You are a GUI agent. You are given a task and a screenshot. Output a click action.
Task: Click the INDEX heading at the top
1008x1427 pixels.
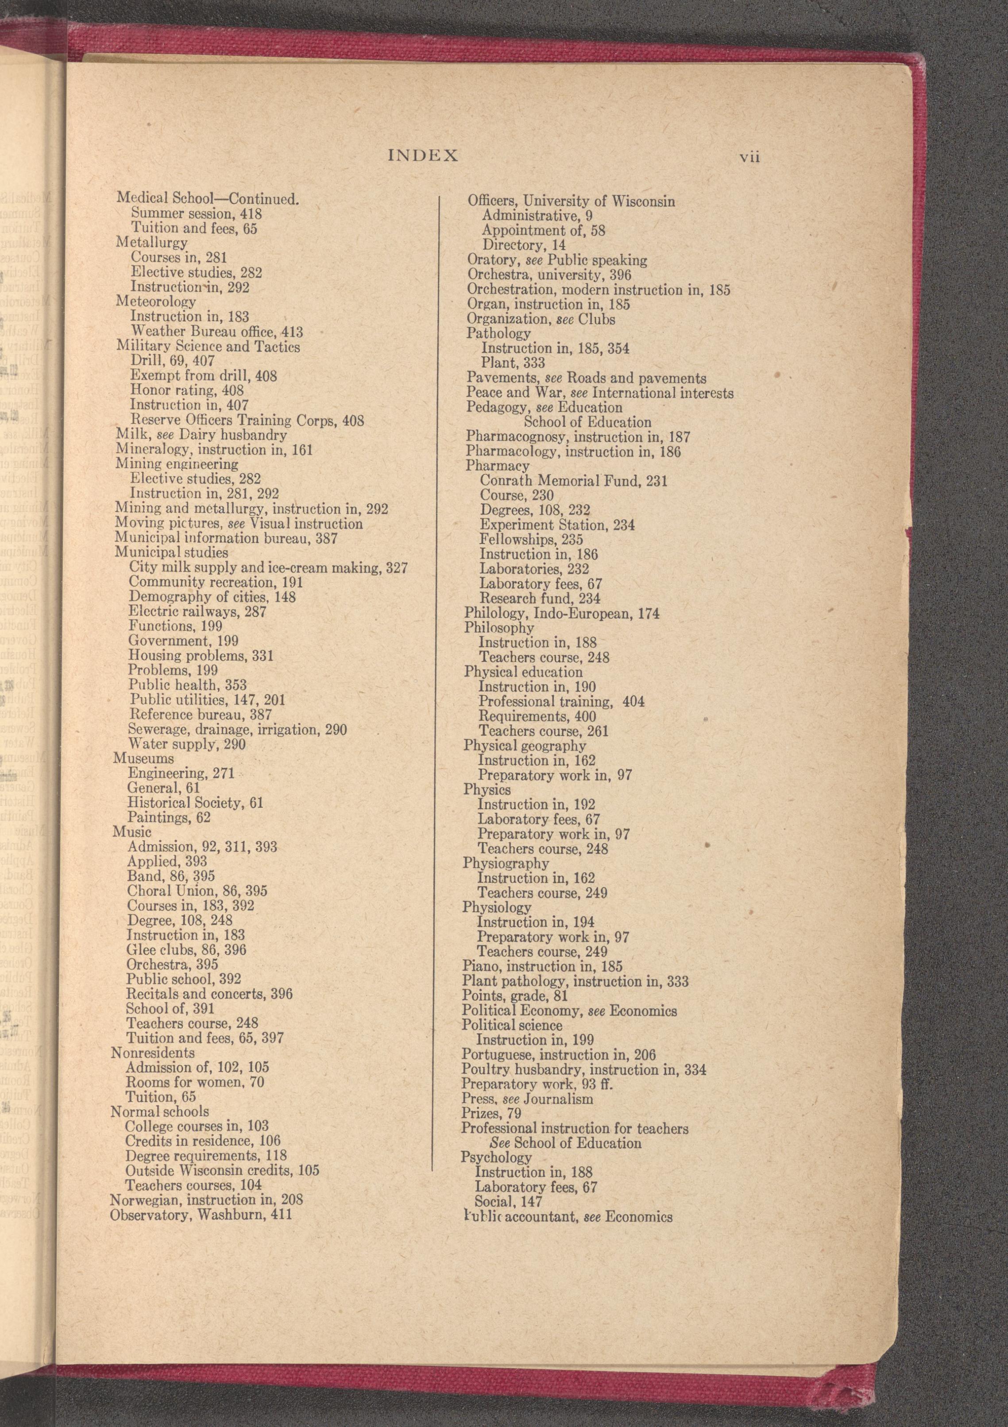(423, 155)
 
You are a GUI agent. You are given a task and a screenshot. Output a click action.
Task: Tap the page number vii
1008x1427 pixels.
(749, 157)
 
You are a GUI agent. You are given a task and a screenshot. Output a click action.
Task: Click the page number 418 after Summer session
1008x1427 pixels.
(251, 214)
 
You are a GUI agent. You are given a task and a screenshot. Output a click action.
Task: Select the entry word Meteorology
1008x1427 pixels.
(156, 302)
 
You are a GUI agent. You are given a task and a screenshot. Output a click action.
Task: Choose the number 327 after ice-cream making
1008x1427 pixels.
(397, 568)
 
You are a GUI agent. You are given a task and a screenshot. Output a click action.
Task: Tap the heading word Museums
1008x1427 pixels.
(143, 758)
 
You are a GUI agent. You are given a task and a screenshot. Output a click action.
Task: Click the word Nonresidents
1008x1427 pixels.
(153, 1053)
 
